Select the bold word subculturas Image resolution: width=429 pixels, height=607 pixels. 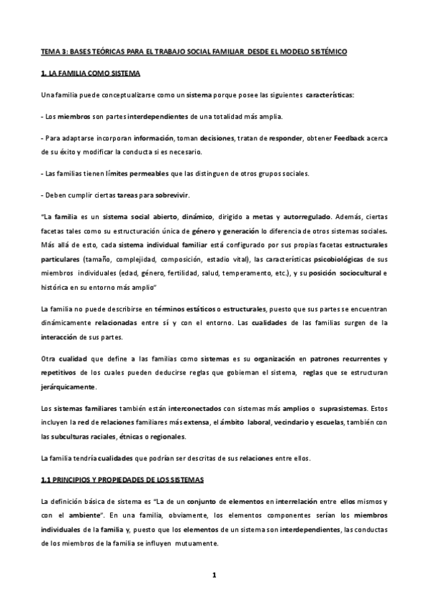coord(79,437)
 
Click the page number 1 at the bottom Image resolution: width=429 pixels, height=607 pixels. coord(213,576)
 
